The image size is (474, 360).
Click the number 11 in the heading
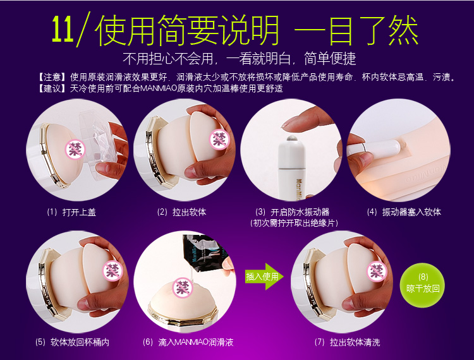coord(63,28)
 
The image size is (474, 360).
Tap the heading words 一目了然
coord(356,30)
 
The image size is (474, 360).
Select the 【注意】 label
coord(52,77)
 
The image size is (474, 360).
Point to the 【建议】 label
coord(52,88)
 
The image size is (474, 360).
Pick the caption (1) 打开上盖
coord(71,212)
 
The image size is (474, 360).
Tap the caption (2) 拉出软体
coord(181,212)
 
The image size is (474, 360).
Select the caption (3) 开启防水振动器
coord(293,212)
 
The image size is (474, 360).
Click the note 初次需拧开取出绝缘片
coord(294,223)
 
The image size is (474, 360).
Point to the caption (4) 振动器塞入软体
coord(404,212)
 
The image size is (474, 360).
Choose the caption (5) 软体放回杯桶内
coord(72,342)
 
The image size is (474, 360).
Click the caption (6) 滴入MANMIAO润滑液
coord(188,342)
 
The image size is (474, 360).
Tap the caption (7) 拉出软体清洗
coord(347,342)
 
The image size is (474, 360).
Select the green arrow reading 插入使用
coord(264,277)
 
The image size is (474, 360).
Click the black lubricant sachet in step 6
coord(205,253)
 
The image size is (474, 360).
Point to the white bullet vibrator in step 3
coord(291,167)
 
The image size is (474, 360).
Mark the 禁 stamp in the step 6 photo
coord(183,287)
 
